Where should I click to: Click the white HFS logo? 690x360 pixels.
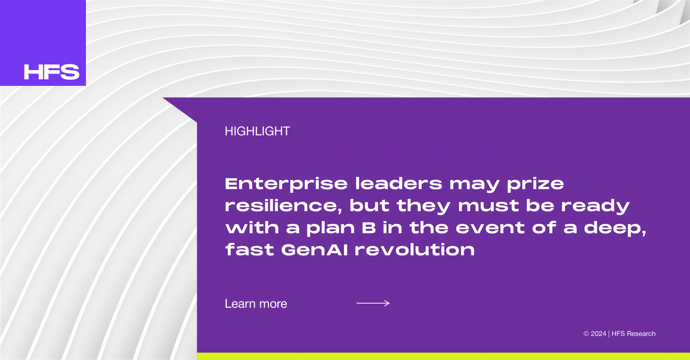tap(52, 72)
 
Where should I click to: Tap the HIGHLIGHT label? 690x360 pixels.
tap(257, 131)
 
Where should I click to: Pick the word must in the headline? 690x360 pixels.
tap(488, 206)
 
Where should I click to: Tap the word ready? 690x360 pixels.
tap(595, 206)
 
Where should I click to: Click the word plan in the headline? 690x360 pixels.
tap(331, 229)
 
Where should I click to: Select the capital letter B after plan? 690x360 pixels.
tap(369, 228)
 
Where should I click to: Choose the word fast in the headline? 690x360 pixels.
tap(249, 249)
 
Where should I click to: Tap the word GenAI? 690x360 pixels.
tap(315, 250)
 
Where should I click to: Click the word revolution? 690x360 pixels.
tap(415, 249)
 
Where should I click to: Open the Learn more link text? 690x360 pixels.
tap(256, 304)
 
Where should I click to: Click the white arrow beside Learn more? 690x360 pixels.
tap(373, 303)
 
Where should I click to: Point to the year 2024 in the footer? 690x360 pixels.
tap(598, 334)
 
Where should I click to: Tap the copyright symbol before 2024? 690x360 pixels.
tap(586, 334)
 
